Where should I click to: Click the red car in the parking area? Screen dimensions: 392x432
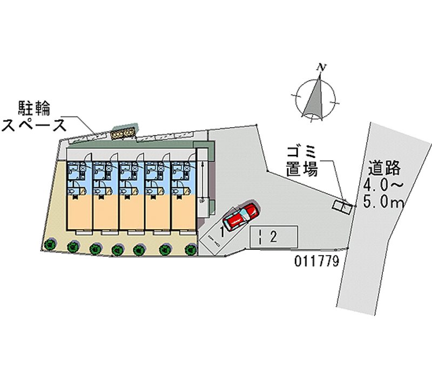240,217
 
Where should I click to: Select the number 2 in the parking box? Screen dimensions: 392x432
274,236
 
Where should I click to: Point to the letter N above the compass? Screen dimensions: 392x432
322,67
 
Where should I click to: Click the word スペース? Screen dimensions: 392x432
35,125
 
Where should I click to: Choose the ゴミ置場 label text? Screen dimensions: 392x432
301,161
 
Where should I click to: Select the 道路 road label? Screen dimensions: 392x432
385,168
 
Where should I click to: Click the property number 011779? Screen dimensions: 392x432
317,262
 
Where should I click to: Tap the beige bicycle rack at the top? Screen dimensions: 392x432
122,133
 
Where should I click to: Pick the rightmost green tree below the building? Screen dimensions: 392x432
190,249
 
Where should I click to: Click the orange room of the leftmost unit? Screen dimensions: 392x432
79,212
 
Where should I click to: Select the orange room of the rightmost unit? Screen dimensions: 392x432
183,212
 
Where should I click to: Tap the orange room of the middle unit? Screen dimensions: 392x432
131,212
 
